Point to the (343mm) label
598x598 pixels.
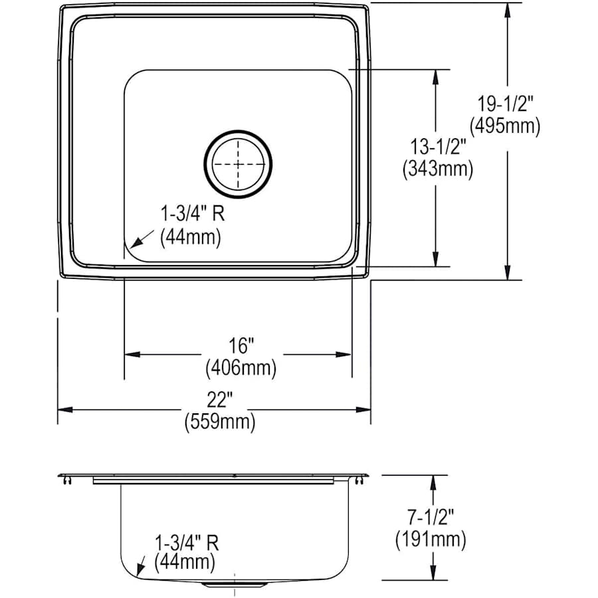pos(437,170)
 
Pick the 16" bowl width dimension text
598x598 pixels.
pos(240,346)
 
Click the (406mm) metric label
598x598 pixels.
pos(241,366)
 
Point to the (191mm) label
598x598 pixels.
pos(431,539)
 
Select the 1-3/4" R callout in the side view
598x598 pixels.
pos(187,542)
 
